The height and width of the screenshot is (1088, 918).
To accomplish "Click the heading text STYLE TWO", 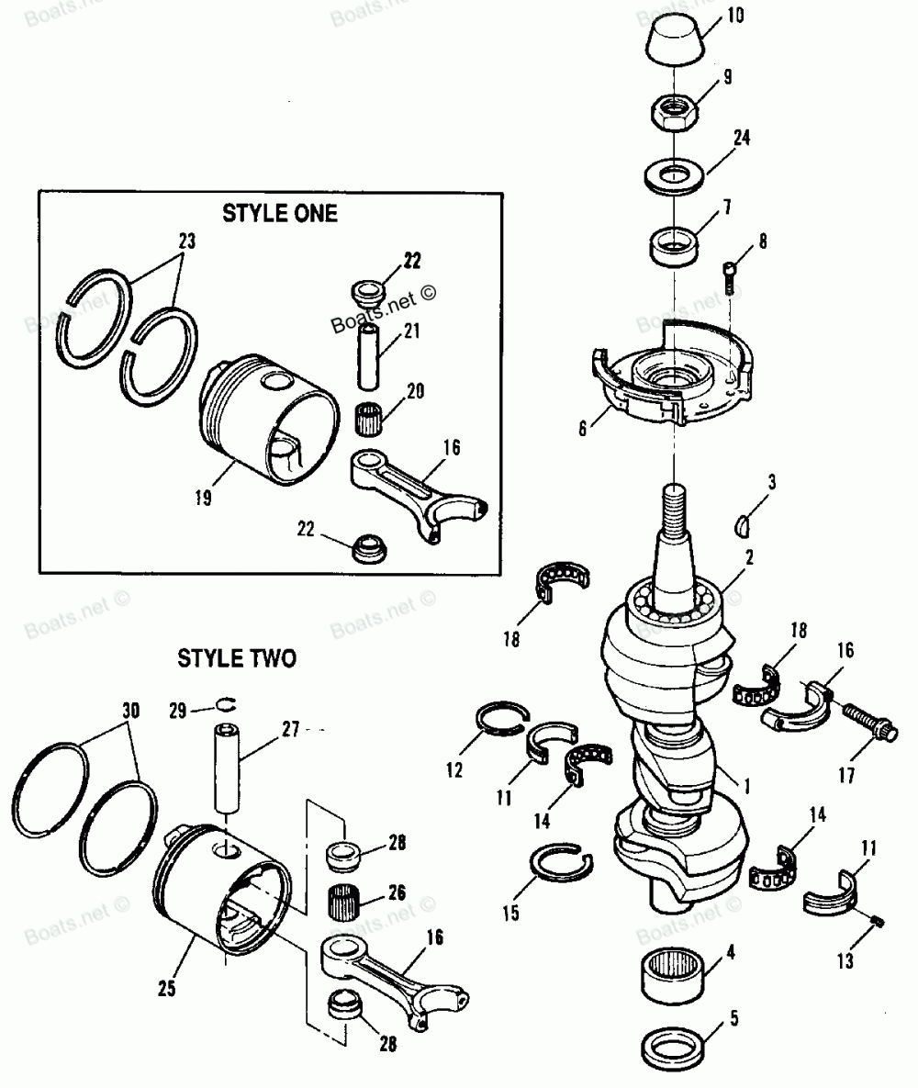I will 237,658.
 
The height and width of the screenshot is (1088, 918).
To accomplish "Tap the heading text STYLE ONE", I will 279,213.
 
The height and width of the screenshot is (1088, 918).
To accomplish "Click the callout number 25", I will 165,989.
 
